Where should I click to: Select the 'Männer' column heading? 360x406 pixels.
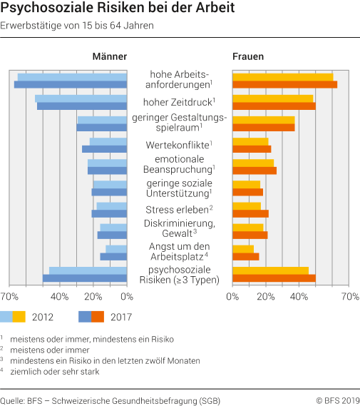(109, 56)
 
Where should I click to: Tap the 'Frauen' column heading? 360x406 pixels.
(248, 56)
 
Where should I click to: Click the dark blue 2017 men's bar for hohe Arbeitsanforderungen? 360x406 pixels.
(71, 85)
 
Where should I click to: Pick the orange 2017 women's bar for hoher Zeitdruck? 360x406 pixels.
(274, 106)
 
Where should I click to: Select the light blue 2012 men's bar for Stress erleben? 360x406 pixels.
(112, 205)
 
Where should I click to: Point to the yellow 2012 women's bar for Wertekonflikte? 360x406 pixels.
(250, 141)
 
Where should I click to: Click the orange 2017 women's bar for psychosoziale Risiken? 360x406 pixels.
(274, 278)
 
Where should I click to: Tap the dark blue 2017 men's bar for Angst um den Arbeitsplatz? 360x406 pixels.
(113, 256)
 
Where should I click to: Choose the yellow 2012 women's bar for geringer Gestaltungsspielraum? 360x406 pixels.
(263, 120)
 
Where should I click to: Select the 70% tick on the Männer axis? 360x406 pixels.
(9, 296)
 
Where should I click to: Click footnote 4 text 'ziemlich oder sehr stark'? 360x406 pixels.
(59, 372)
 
